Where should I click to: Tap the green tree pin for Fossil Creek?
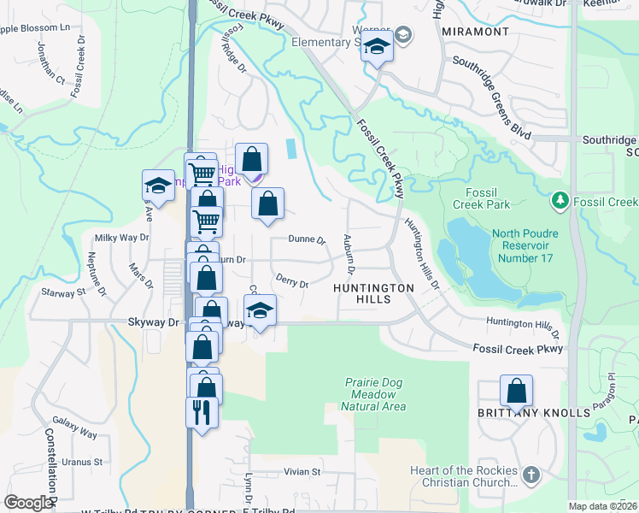coord(560,200)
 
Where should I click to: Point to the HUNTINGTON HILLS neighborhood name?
coord(373,294)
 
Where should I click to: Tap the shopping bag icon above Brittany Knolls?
coord(517,392)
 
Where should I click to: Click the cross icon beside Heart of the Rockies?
coord(531,474)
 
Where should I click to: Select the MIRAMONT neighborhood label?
coord(477,32)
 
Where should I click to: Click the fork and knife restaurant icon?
coord(202,412)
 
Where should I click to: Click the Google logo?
coord(28,502)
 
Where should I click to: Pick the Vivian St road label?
coord(302,471)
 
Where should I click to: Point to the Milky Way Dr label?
coord(121,238)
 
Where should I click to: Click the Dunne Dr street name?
coord(308,240)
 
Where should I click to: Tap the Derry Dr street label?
coord(292,280)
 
